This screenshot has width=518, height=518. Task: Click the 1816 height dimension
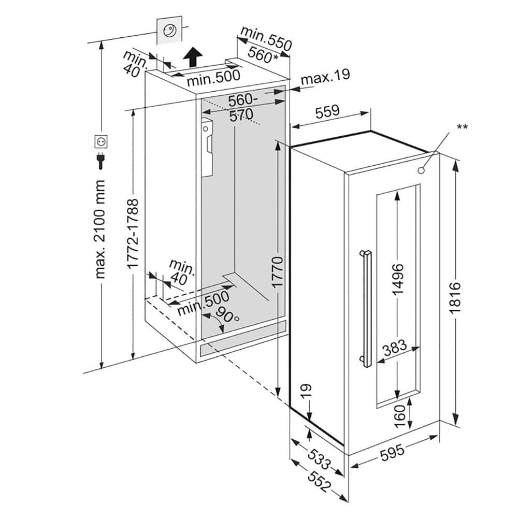[x=455, y=298]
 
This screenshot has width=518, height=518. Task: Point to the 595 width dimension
[x=392, y=454]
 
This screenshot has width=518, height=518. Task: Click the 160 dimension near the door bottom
[x=400, y=416]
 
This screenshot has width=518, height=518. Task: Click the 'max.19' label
[x=325, y=77]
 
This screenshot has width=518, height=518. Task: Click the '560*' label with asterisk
[x=263, y=54]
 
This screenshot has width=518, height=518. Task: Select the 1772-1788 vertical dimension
[x=133, y=233]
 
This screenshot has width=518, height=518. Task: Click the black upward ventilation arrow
[x=193, y=55]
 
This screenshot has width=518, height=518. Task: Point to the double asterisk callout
[x=462, y=126]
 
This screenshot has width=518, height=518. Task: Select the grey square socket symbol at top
[x=169, y=31]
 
